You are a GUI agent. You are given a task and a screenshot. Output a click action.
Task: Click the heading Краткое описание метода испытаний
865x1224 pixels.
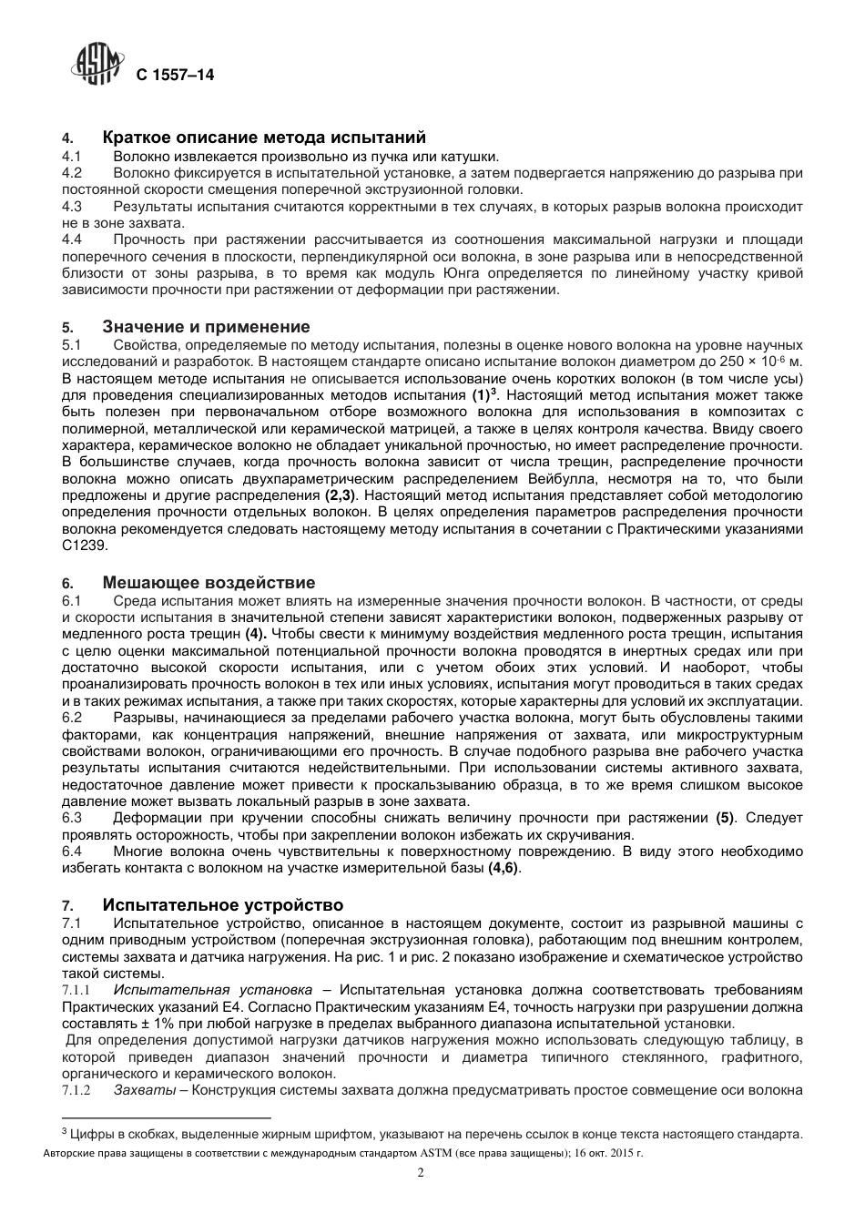[264, 138]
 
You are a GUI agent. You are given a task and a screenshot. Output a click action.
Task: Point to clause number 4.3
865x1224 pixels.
[72, 207]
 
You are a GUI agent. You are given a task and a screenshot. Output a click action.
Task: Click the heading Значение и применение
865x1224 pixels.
[206, 327]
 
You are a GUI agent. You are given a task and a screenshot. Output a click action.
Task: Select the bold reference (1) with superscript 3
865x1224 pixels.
[483, 395]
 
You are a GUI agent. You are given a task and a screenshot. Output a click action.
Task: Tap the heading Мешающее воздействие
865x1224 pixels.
[209, 583]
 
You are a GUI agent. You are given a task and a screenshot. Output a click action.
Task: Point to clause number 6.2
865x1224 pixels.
[72, 717]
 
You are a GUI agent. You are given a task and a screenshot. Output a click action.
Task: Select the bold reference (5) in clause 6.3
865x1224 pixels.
[725, 818]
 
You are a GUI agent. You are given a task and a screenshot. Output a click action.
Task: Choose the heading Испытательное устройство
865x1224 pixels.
[223, 905]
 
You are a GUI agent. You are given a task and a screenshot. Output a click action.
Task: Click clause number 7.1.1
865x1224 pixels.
[76, 990]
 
